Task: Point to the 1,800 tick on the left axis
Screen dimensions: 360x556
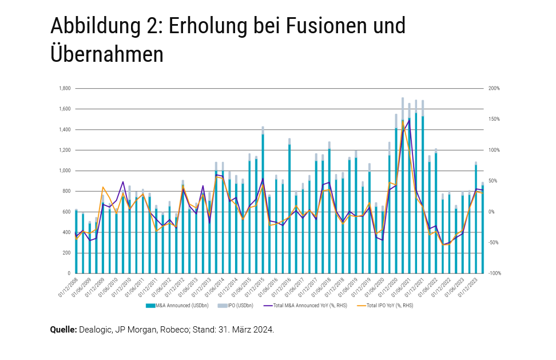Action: tap(64, 89)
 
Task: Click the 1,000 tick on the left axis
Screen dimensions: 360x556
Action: tap(64, 171)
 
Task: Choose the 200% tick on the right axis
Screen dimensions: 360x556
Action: tap(494, 89)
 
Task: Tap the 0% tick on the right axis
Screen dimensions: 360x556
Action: tap(491, 212)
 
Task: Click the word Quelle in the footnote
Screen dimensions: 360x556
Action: tap(63, 330)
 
